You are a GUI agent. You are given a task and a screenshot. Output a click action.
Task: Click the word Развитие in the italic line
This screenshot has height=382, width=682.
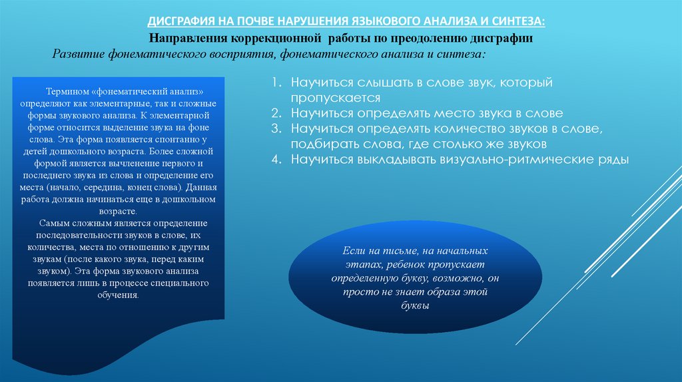point(76,53)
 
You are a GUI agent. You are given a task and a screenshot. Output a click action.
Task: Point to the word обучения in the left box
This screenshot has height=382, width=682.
point(120,294)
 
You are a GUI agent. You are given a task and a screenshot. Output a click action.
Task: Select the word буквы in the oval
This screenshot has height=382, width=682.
point(416,306)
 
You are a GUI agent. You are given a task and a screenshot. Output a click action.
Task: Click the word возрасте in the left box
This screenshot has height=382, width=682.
point(119,210)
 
